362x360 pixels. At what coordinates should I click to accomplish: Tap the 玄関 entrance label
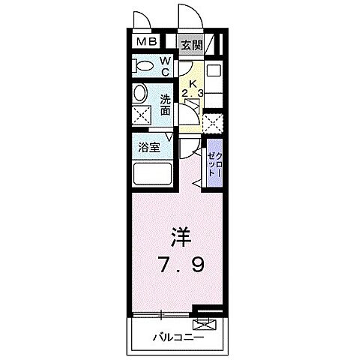(191, 45)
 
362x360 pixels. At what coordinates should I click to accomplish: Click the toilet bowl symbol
(142, 65)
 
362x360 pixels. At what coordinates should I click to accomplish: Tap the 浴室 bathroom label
(149, 148)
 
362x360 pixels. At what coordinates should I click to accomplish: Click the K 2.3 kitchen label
(192, 88)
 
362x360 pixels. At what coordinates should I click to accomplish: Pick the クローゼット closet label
(215, 160)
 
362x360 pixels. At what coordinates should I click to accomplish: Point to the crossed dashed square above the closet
(214, 122)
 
